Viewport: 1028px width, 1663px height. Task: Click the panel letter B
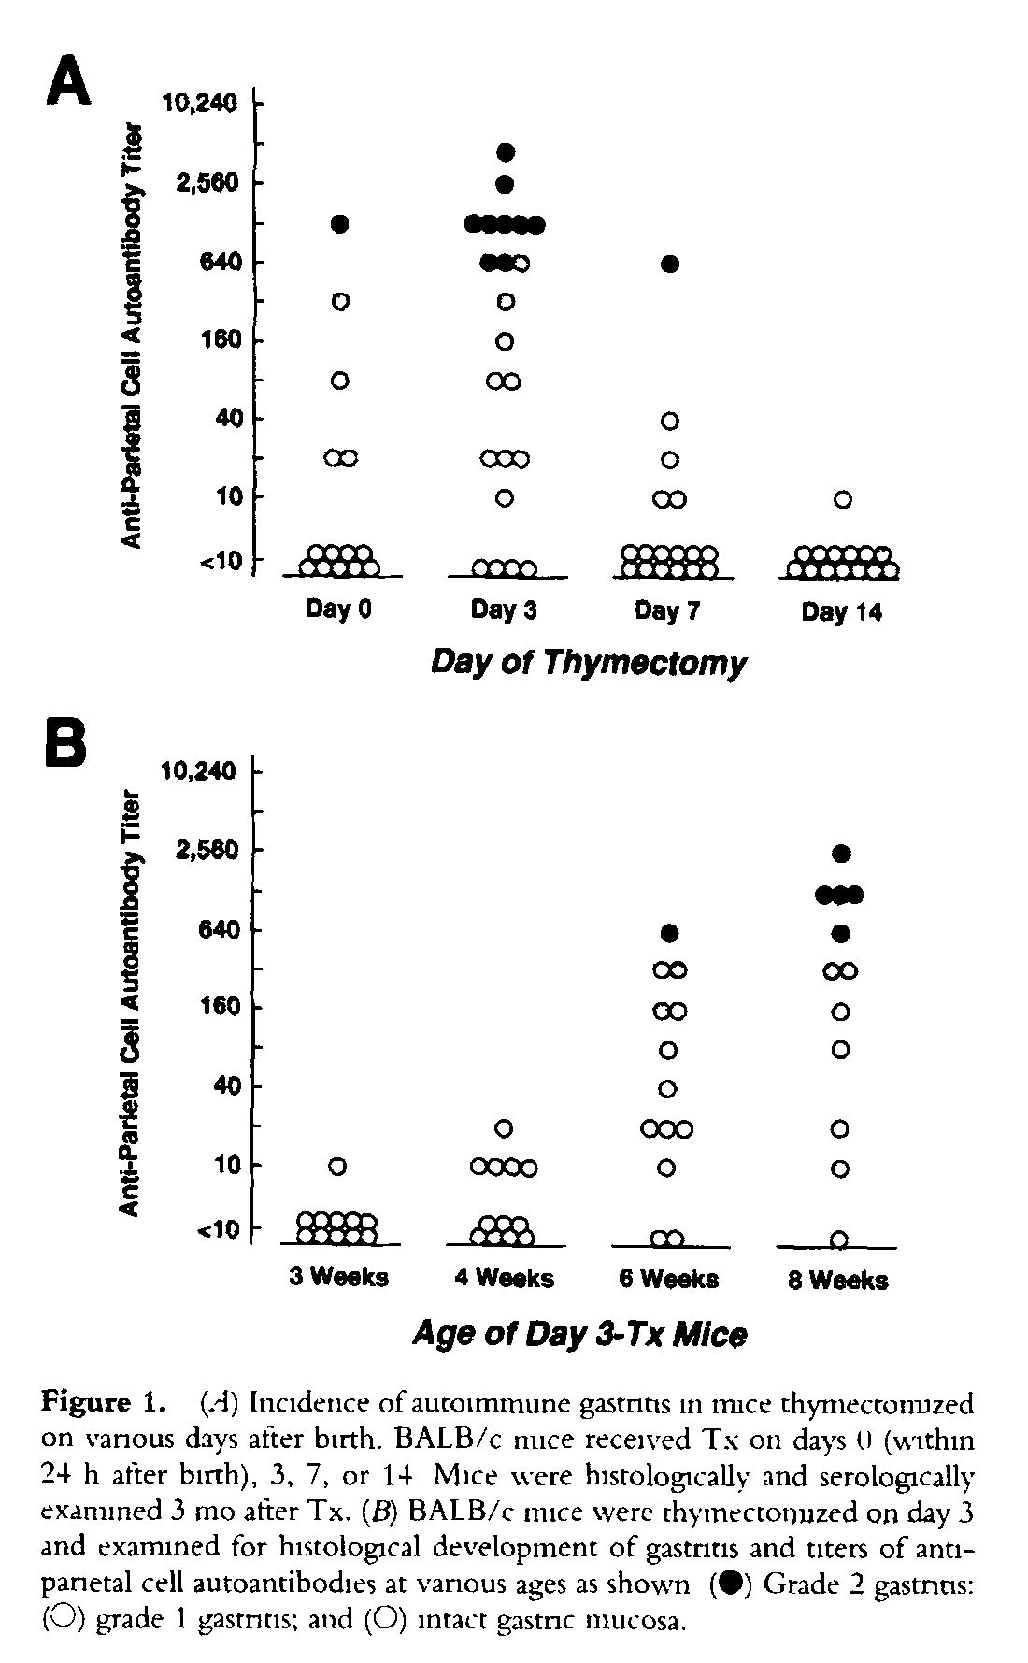tap(68, 740)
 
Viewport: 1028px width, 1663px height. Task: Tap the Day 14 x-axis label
tap(841, 612)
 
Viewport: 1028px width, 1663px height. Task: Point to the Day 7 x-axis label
tap(667, 610)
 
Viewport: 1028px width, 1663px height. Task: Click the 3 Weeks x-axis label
tap(338, 1277)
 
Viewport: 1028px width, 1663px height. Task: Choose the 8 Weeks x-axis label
tap(838, 1280)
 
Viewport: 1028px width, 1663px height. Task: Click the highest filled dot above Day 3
tap(506, 151)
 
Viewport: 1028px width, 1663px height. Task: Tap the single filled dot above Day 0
tap(340, 223)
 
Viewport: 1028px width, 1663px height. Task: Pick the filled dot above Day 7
tap(669, 264)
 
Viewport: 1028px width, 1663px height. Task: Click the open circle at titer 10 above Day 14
tap(842, 499)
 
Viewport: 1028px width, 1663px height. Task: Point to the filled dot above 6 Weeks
tap(667, 932)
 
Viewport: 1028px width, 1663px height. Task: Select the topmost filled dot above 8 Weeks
tap(840, 853)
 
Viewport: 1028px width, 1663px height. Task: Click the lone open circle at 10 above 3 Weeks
tap(338, 1167)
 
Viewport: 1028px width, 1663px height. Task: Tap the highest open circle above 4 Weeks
tap(505, 1128)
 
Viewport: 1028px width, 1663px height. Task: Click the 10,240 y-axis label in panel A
tap(200, 103)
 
